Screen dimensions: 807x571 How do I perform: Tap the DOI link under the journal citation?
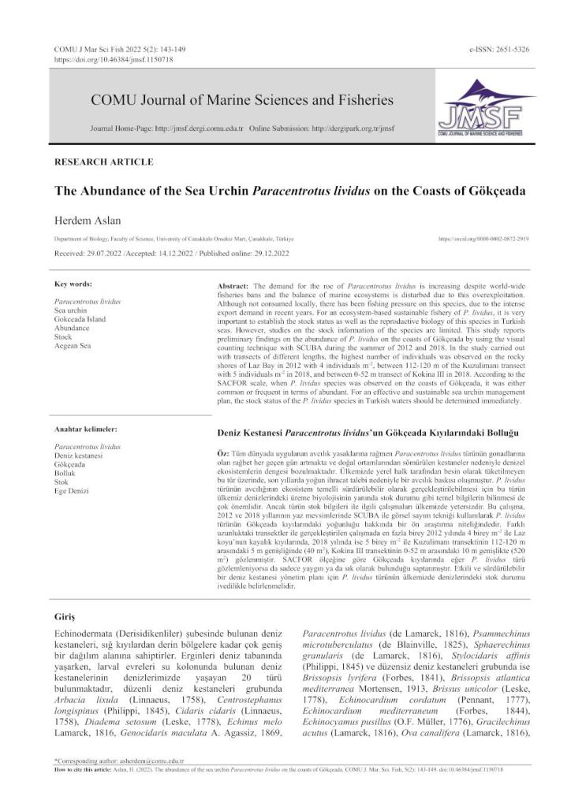(114, 59)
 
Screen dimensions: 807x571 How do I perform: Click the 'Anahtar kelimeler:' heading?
(85, 429)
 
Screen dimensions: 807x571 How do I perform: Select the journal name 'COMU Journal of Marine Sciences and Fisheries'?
(242, 101)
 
